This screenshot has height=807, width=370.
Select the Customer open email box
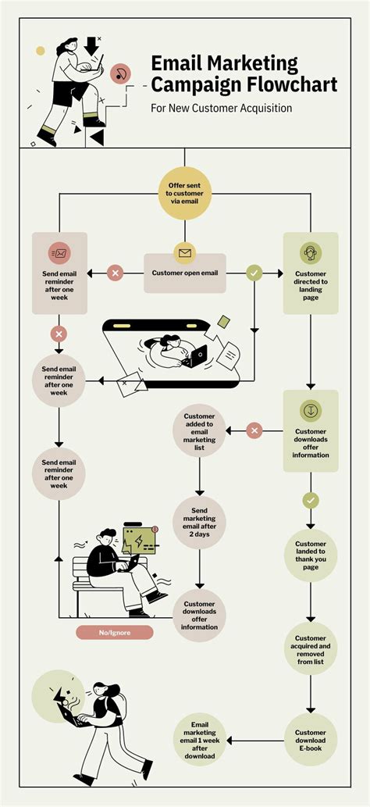(185, 273)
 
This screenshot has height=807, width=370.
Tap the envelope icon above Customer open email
(185, 253)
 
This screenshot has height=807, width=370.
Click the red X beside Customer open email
(116, 273)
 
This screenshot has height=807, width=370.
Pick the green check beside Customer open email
(254, 273)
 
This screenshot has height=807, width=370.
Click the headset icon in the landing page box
(310, 253)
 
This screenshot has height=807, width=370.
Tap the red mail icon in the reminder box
(59, 252)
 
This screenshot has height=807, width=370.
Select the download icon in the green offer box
(310, 410)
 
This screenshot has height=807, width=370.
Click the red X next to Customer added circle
(254, 430)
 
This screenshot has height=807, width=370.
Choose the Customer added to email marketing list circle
(200, 430)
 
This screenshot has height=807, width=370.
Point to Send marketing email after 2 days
(200, 523)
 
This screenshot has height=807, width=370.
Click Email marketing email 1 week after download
(200, 740)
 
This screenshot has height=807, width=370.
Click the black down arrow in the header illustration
(93, 45)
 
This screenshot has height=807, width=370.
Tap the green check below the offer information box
(310, 500)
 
